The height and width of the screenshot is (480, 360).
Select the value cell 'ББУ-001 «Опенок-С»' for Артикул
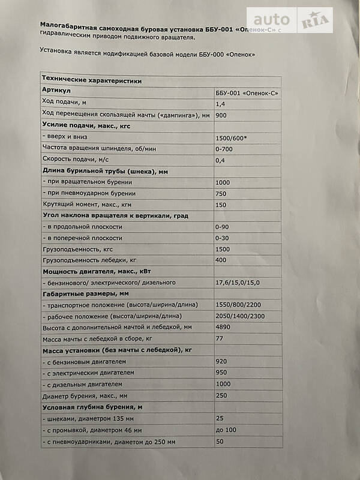(247, 93)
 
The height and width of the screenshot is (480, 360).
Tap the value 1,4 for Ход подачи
(220, 104)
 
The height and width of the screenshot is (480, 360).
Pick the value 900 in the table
(221, 115)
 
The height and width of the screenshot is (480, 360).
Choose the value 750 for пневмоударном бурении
(221, 193)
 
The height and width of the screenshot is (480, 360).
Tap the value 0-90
(223, 227)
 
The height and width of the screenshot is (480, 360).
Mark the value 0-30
(223, 238)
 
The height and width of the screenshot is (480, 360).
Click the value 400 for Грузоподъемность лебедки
(221, 260)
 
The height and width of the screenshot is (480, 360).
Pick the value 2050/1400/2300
(240, 316)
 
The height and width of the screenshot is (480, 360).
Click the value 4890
(223, 328)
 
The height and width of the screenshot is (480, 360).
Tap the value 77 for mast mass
(219, 339)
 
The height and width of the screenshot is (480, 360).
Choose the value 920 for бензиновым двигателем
(221, 361)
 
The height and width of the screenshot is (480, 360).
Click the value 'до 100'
(226, 430)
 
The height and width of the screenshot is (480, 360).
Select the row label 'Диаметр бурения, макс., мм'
(85, 395)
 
